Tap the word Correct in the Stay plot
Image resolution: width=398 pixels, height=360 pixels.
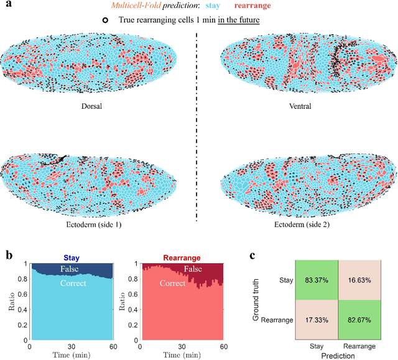pyautogui.click(x=74, y=284)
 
